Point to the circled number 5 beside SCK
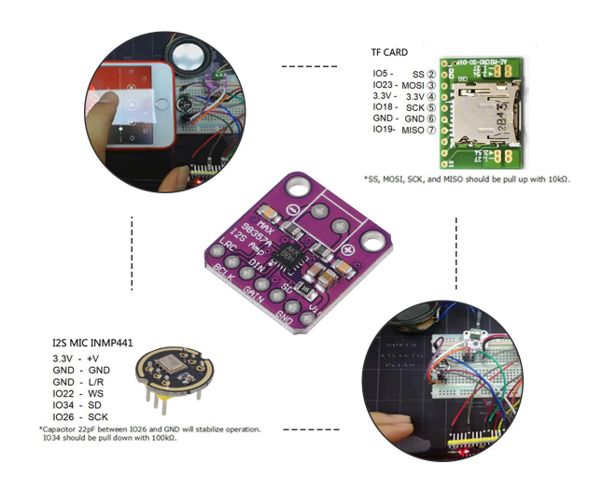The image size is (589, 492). tap(431, 107)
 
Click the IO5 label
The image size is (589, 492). tap(381, 73)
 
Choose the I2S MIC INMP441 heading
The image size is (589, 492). tap(94, 344)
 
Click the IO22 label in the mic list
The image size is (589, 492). tap(63, 394)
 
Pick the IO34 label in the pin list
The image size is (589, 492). tap(63, 405)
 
